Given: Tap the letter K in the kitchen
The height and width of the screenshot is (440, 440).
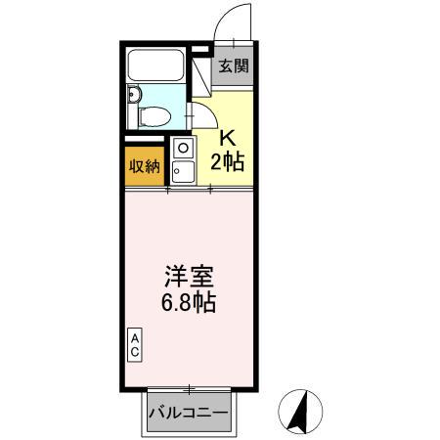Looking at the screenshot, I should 226,137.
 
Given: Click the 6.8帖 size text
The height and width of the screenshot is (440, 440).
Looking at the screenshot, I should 189,302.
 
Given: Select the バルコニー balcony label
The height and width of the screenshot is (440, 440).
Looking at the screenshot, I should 189,412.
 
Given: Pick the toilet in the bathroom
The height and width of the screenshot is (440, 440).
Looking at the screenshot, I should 152,116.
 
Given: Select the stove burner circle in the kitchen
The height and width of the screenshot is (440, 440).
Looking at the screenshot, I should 181,148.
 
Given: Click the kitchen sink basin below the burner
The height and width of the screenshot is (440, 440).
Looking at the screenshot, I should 181,171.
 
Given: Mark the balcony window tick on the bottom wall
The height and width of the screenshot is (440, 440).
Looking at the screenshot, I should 189,387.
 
